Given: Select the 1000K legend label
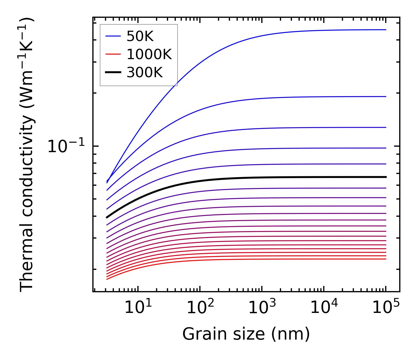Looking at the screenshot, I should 149,54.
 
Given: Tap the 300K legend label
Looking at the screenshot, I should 145,73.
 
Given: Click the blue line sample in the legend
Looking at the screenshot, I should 113,36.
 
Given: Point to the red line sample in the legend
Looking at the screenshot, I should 113,54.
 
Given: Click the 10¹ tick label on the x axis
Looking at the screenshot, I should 138,308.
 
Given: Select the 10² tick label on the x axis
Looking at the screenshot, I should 200,308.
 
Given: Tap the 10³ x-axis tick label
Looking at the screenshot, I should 262,308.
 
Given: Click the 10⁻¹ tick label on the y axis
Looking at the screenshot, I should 66,146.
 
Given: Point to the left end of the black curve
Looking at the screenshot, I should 107,218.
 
